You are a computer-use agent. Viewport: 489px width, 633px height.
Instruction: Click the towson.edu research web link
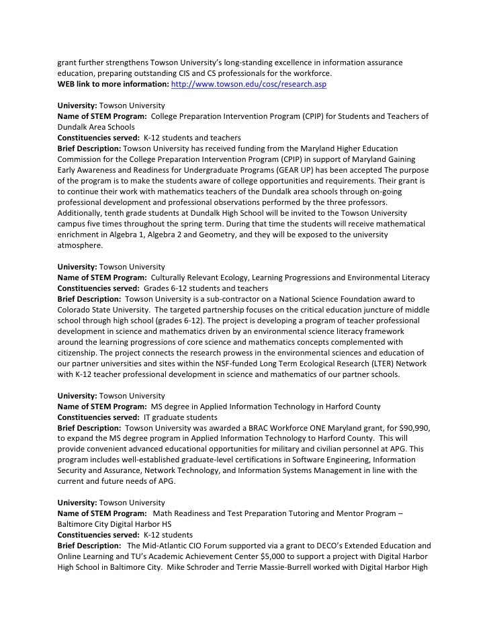click(249, 85)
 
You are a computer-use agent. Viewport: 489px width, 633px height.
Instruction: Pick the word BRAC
click(264, 427)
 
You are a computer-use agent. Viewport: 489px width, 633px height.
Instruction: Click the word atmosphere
click(80, 245)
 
